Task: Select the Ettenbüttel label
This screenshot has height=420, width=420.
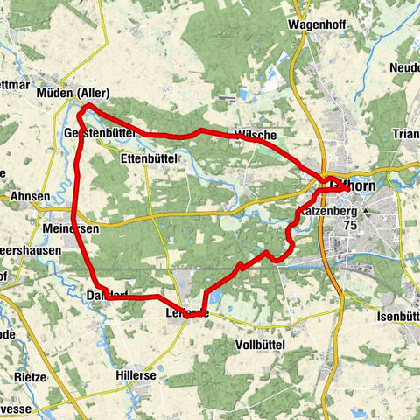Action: point(150,158)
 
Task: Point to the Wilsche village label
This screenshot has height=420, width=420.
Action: point(255,134)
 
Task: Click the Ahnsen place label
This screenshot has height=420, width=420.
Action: point(31,197)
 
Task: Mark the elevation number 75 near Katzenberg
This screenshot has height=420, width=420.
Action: point(351,225)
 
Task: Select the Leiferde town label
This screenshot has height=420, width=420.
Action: point(186,312)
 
